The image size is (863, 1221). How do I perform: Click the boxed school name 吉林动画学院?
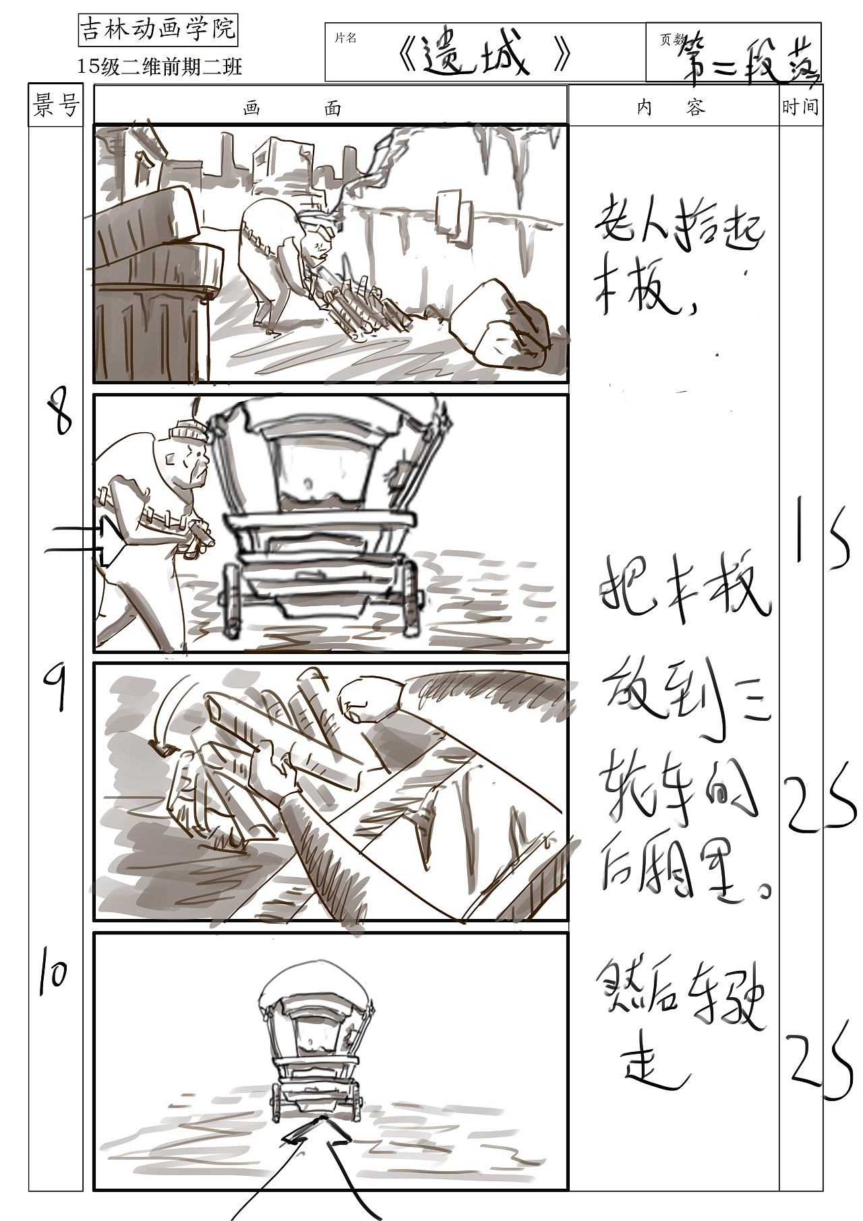pyautogui.click(x=158, y=29)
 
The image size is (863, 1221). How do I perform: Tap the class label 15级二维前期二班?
pyautogui.click(x=160, y=66)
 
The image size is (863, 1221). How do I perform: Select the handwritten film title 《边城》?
pyautogui.click(x=484, y=54)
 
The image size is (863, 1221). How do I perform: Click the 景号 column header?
pyautogui.click(x=55, y=105)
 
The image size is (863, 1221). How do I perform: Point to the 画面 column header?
pyautogui.click(x=293, y=109)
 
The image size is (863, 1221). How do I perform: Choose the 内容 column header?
pyautogui.click(x=671, y=107)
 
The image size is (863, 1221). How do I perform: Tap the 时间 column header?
pyautogui.click(x=800, y=107)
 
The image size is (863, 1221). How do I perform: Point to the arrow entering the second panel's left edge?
pyautogui.click(x=84, y=540)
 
